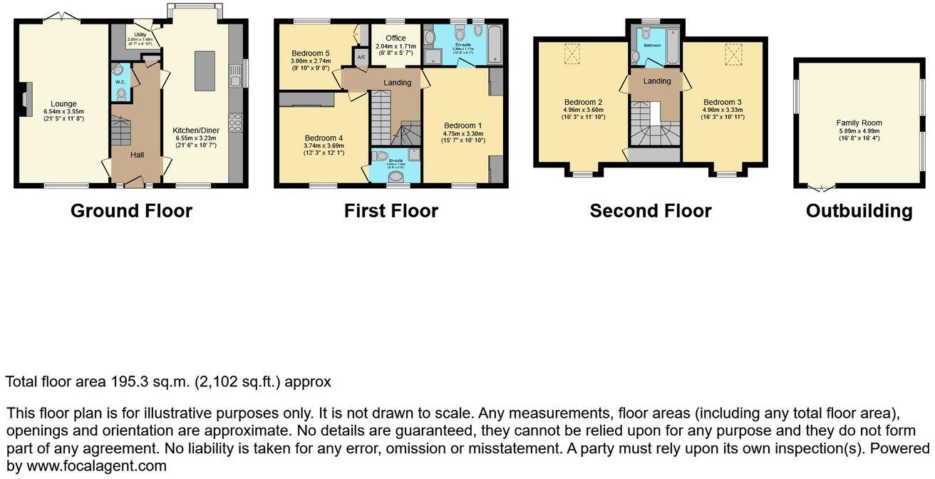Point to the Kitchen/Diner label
point(196,130)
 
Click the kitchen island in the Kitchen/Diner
point(205,70)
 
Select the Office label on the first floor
point(396,38)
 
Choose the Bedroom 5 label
point(310,53)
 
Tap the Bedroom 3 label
point(723,102)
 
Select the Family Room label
point(859,123)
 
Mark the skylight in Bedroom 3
point(734,53)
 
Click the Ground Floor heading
point(131,211)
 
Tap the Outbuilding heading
point(859,211)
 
